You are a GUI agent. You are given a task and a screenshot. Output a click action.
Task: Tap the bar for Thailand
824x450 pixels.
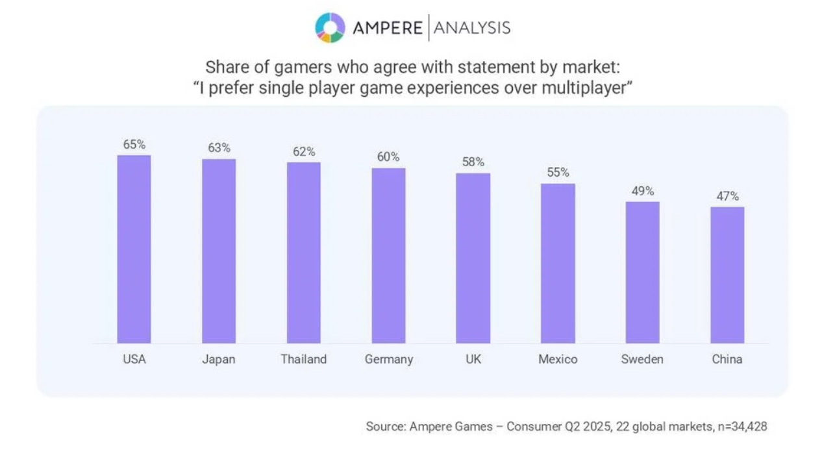click(304, 253)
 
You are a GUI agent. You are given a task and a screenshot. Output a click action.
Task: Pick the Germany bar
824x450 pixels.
click(388, 255)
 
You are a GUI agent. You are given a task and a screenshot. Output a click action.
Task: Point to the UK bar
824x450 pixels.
click(473, 258)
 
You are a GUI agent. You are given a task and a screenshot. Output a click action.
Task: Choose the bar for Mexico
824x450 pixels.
click(558, 263)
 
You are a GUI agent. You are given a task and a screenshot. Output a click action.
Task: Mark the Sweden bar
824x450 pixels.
click(642, 272)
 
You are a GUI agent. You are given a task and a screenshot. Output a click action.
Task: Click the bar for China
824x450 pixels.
click(727, 275)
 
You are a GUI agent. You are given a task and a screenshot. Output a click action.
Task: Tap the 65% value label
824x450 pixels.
click(134, 144)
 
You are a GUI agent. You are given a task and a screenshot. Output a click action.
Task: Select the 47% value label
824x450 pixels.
click(727, 196)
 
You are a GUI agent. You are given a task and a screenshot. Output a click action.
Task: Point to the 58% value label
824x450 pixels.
click(473, 162)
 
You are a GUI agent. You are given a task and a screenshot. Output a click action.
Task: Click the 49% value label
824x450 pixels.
click(642, 191)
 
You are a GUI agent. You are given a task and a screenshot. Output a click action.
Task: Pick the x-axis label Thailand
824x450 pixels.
click(304, 359)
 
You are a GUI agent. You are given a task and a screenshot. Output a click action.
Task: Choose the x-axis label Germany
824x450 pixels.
click(388, 359)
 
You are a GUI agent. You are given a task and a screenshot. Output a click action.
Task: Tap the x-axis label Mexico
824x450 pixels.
click(558, 359)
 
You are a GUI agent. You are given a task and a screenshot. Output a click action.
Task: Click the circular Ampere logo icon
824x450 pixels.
click(330, 27)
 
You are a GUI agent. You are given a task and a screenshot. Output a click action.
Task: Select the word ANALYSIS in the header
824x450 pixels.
click(472, 28)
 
